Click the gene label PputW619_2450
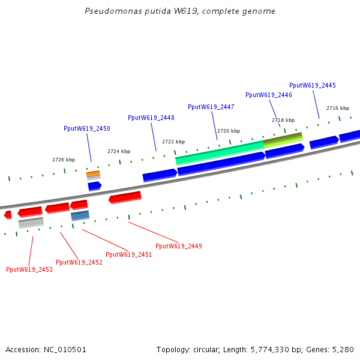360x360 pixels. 87,128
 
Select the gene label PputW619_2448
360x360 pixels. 151,118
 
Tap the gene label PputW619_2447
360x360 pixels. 211,107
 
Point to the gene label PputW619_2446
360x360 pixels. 269,95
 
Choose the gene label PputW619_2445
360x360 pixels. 313,85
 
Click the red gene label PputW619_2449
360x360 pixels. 179,246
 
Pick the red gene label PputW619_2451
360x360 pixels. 128,254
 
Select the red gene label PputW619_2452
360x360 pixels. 79,262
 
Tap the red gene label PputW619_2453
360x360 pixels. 29,269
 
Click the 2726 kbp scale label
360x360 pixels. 64,160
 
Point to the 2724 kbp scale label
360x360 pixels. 119,151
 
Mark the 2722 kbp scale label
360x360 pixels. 173,142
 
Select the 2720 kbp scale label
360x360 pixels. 228,131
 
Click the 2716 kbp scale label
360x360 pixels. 337,108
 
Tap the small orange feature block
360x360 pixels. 93,173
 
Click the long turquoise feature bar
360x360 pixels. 219,153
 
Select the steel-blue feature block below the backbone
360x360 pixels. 80,215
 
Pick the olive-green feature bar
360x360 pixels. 283,138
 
